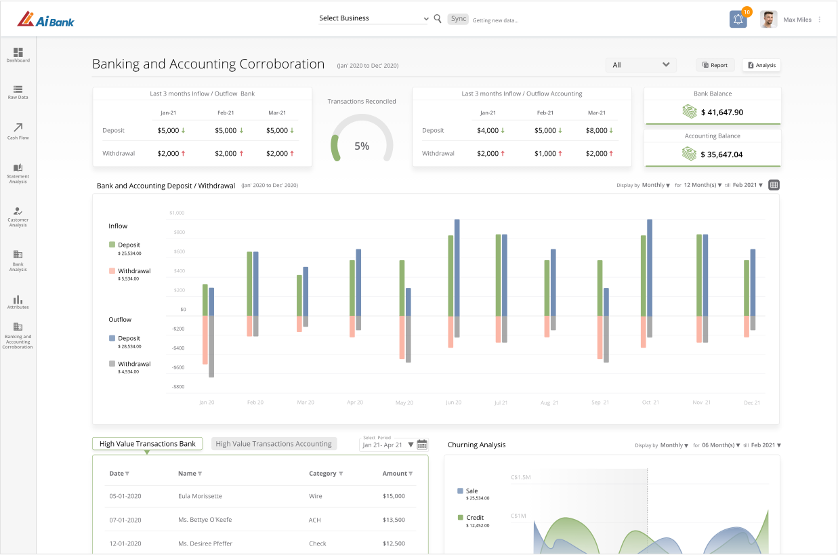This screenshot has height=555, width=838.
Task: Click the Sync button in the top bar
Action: pyautogui.click(x=458, y=19)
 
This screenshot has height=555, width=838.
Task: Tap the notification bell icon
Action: pyautogui.click(x=738, y=19)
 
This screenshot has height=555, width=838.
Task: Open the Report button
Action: pyautogui.click(x=715, y=65)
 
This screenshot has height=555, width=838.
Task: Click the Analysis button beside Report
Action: pyautogui.click(x=761, y=65)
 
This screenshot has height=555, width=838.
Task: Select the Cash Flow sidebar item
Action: pyautogui.click(x=18, y=131)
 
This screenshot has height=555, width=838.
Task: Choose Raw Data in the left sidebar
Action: pyautogui.click(x=18, y=92)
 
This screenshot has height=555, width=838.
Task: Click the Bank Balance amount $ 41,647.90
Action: pyautogui.click(x=722, y=112)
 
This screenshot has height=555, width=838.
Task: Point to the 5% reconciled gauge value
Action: pyautogui.click(x=362, y=146)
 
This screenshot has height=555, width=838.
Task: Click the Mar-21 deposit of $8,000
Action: pyautogui.click(x=596, y=131)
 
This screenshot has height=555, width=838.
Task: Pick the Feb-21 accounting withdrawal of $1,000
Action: pyautogui.click(x=545, y=153)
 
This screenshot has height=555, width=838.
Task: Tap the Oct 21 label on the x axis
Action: pyautogui.click(x=650, y=403)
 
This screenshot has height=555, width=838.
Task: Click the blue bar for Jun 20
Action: pyautogui.click(x=457, y=268)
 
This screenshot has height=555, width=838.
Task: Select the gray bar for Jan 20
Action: pyautogui.click(x=211, y=346)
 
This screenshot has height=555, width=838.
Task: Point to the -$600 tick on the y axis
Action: pyautogui.click(x=178, y=367)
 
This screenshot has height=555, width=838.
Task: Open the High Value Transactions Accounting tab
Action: pyautogui.click(x=274, y=444)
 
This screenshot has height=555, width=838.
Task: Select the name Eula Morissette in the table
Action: pyautogui.click(x=200, y=496)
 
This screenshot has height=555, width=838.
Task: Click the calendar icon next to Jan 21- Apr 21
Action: pyautogui.click(x=422, y=445)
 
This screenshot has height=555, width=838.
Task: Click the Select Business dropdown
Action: pyautogui.click(x=373, y=18)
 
